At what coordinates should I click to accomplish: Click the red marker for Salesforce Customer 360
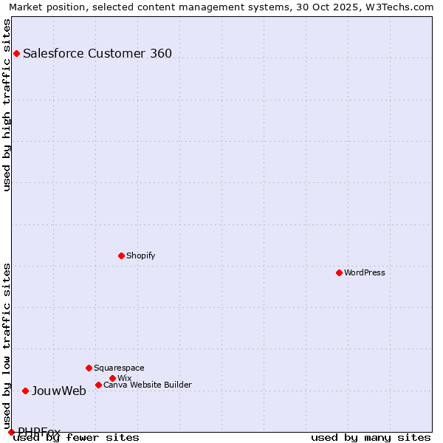(x=16, y=53)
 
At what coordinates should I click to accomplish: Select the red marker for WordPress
(x=339, y=272)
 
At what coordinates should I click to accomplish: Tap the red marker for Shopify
(x=121, y=255)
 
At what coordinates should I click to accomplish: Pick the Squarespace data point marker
(x=89, y=368)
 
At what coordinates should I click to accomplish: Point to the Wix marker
(x=112, y=378)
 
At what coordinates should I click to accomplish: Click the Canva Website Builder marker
(x=98, y=385)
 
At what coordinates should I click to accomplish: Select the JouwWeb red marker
(x=25, y=391)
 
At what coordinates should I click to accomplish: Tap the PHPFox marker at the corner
(x=11, y=432)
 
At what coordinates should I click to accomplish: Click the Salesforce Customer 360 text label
(x=97, y=53)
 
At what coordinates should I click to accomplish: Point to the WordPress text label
(x=365, y=272)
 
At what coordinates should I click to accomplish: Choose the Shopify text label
(x=141, y=255)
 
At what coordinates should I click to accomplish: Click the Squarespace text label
(x=119, y=368)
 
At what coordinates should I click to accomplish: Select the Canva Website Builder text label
(x=148, y=385)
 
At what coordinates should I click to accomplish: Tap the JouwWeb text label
(x=59, y=391)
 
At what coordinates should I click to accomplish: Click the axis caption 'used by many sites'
(x=371, y=437)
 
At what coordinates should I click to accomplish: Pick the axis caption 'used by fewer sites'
(x=76, y=437)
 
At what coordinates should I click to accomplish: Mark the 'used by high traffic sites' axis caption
(x=7, y=105)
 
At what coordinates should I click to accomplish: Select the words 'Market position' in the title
(x=42, y=7)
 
